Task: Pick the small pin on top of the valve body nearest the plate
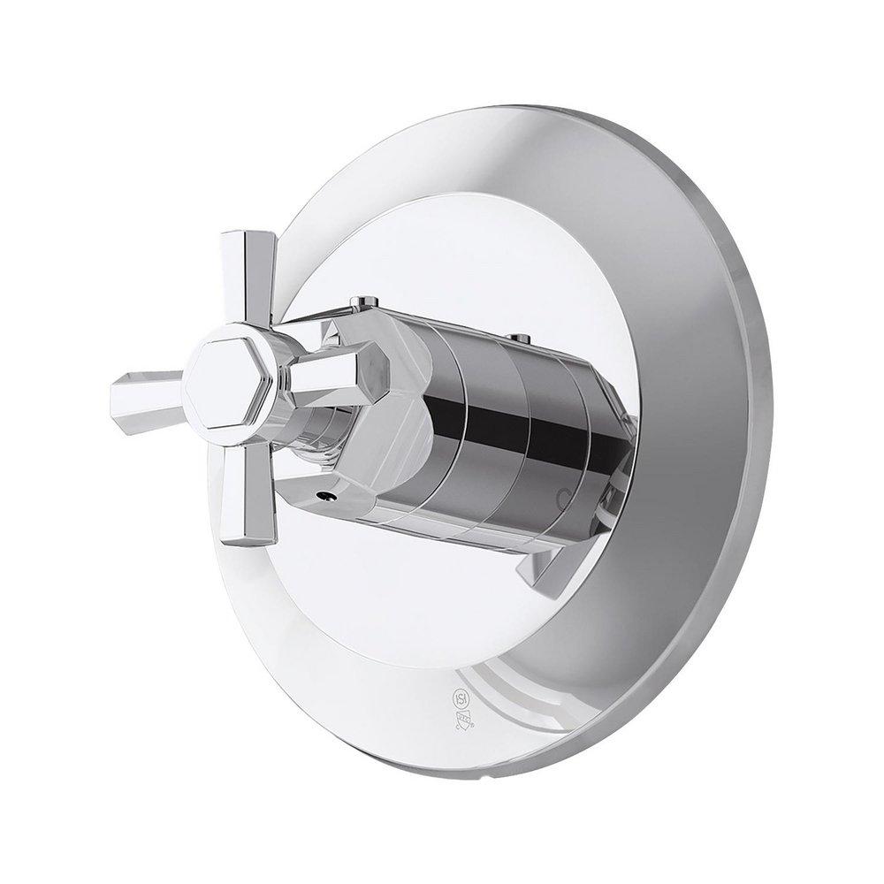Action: click(x=521, y=337)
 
